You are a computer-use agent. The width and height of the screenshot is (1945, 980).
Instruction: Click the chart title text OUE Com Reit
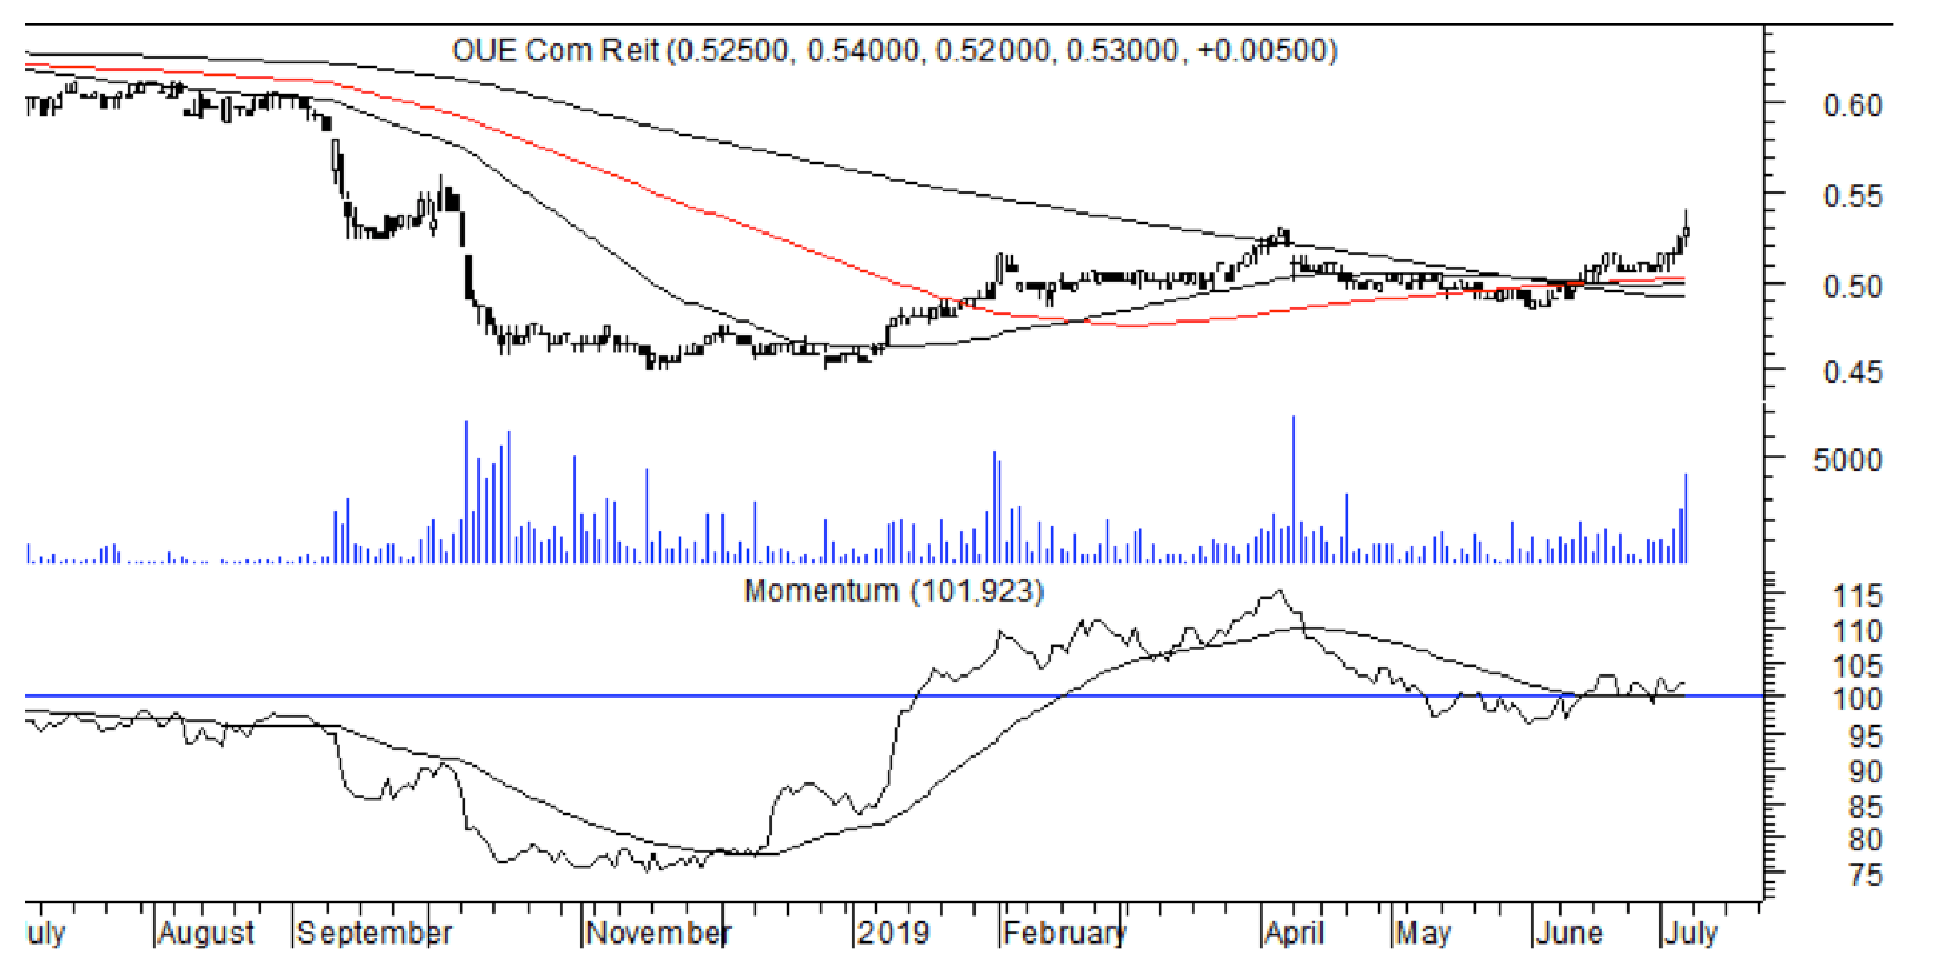[x=555, y=51]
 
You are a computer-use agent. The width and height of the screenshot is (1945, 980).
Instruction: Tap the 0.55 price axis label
[x=1852, y=196]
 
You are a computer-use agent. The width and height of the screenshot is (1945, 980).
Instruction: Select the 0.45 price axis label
[x=1852, y=373]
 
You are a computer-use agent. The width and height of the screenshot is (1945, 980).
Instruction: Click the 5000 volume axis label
[x=1847, y=460]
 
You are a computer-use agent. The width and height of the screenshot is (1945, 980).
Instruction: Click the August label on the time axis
[x=206, y=934]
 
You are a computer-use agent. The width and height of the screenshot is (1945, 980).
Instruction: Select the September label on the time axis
[x=374, y=934]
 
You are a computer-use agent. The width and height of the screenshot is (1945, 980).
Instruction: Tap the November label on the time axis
[x=658, y=934]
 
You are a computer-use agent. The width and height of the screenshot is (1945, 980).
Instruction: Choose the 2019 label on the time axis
[x=894, y=934]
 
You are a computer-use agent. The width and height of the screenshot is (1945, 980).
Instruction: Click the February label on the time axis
[x=1064, y=934]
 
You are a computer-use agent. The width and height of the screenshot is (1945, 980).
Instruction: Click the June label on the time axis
[x=1569, y=934]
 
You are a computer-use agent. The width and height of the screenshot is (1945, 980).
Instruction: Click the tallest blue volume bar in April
[x=1293, y=489]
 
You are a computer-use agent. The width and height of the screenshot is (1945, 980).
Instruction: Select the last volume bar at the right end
[x=1686, y=518]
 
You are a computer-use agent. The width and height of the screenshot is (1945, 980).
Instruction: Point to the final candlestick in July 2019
[x=1686, y=231]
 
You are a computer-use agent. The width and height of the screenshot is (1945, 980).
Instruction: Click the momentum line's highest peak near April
[x=1278, y=591]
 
